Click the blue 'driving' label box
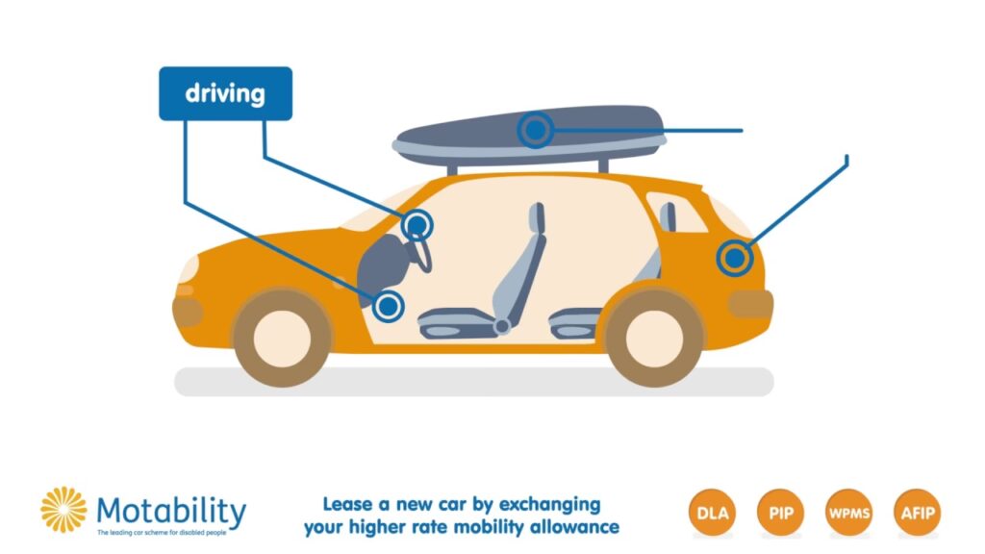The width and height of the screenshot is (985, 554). (x=225, y=93)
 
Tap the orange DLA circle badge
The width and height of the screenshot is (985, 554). (x=713, y=513)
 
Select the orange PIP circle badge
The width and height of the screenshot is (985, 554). (x=781, y=513)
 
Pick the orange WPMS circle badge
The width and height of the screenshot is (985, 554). (x=848, y=513)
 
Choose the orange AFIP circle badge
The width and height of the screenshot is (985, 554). (x=917, y=513)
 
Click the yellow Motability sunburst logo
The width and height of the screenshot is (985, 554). (x=63, y=510)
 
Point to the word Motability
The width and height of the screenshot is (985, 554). (x=171, y=512)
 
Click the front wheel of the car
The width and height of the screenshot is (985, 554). (x=282, y=338)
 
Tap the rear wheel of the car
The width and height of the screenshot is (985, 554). (x=654, y=338)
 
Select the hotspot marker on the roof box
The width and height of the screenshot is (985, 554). (x=535, y=130)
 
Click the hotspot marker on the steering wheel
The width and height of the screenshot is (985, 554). (x=417, y=225)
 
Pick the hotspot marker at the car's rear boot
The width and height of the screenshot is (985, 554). (x=734, y=258)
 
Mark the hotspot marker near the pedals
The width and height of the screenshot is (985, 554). (x=389, y=307)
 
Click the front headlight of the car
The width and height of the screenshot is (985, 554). (x=189, y=269)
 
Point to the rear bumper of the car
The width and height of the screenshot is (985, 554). (x=750, y=304)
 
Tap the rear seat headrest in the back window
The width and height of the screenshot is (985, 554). (x=668, y=216)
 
